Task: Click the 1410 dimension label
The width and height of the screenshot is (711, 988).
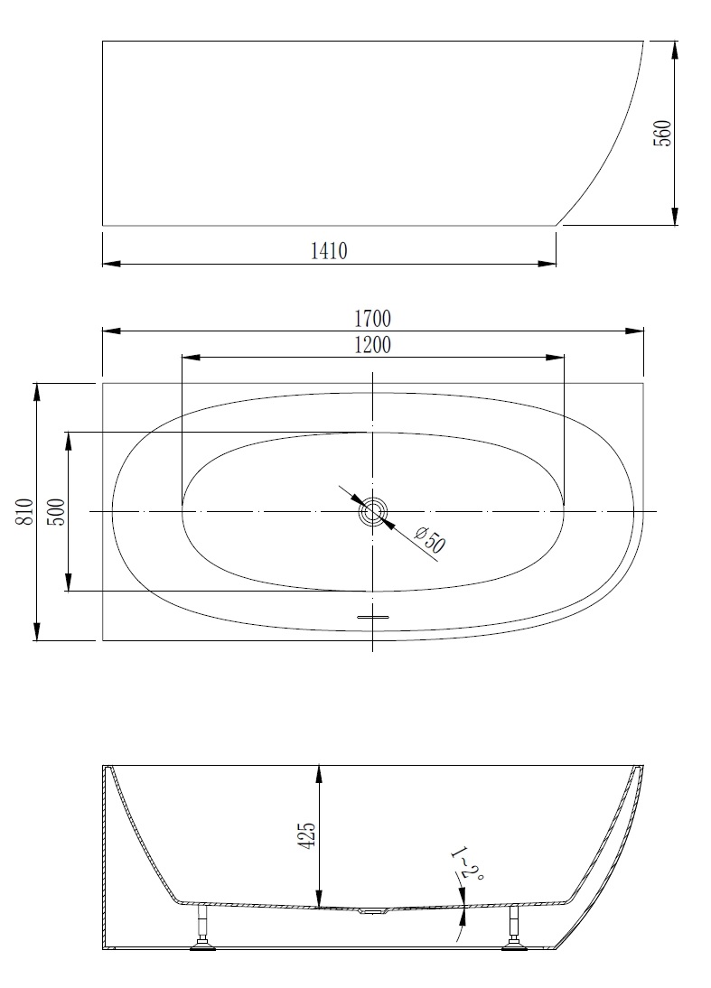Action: [x=329, y=251]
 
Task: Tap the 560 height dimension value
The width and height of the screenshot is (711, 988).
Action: [x=662, y=133]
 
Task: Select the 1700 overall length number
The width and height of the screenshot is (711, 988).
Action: [x=372, y=319]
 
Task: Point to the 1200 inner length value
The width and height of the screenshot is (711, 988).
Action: [x=372, y=345]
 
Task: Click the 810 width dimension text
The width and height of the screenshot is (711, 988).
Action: [x=24, y=512]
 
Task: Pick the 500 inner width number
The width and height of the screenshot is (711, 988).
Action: [x=56, y=512]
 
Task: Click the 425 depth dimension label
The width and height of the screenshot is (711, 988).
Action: [x=307, y=835]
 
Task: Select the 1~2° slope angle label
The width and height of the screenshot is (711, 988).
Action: [x=467, y=864]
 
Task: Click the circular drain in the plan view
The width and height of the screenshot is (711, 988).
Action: [x=372, y=511]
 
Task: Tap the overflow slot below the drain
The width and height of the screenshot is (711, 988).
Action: [x=373, y=617]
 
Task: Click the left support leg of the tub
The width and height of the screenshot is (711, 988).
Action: [x=203, y=927]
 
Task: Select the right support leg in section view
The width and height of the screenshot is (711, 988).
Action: [x=512, y=927]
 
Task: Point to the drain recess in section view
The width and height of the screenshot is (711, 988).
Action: [x=373, y=909]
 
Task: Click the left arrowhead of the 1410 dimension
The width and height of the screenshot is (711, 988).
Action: [x=111, y=264]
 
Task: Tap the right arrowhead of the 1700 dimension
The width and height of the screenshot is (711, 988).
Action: [x=635, y=331]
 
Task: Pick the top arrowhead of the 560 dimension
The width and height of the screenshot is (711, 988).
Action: [x=675, y=51]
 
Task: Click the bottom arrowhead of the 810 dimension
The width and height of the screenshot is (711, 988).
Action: [x=37, y=631]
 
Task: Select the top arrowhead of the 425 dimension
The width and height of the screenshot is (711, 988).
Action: [x=320, y=774]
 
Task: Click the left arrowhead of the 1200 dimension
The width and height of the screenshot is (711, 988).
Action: [x=191, y=358]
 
